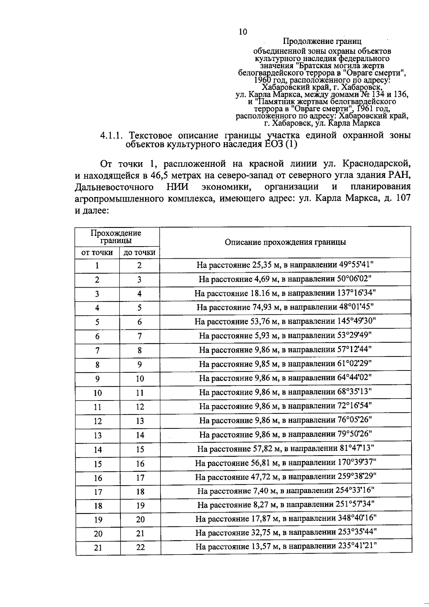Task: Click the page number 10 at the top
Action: pos(242,32)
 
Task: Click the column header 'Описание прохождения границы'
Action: pos(285,242)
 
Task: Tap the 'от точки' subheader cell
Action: pos(97,253)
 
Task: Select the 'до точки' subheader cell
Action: pos(139,253)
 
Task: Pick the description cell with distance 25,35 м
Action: pos(285,265)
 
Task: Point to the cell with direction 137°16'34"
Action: pos(285,293)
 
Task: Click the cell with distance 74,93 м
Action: pos(285,307)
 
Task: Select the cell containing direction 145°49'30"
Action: pos(285,321)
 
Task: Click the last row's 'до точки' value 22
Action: pos(140,547)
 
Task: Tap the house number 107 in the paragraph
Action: pos(403,198)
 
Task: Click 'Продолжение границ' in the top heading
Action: pos(322,42)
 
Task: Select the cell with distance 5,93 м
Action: pos(285,335)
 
